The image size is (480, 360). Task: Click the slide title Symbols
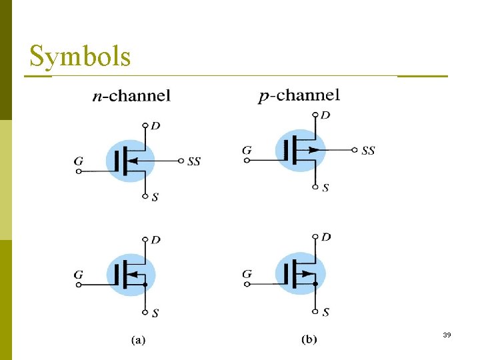80,57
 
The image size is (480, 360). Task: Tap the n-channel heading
131,96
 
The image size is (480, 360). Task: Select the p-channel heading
299,95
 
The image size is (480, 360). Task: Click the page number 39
447,335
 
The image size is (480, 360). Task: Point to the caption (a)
138,340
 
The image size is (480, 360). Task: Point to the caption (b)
309,340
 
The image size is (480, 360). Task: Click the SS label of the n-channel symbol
194,161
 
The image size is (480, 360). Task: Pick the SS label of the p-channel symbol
368,151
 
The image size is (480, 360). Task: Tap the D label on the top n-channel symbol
155,125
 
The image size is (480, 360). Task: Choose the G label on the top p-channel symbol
247,151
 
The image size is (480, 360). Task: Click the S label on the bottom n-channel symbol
155,313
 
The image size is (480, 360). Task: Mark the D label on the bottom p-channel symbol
326,237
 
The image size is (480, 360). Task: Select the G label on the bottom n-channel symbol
79,274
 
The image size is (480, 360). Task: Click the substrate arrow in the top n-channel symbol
134,161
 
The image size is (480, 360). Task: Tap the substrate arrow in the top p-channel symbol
313,150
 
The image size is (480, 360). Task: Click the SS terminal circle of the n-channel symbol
181,161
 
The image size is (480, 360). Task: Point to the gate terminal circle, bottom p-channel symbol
247,285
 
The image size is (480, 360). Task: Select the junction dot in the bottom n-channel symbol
145,285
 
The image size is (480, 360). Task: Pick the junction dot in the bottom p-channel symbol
316,285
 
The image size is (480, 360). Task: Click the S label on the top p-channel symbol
325,188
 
